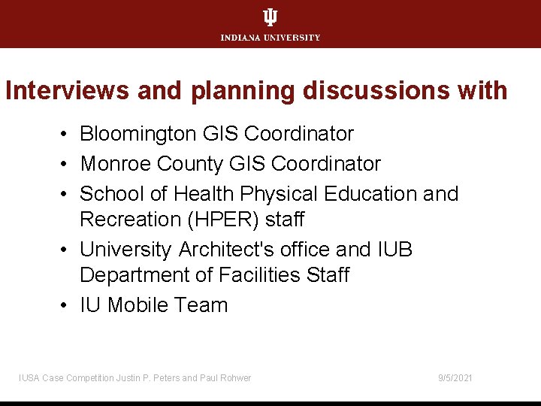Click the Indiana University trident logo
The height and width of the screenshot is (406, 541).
[270, 17]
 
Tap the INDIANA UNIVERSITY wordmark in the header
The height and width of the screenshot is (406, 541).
[270, 38]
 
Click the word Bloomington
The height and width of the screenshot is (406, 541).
[139, 134]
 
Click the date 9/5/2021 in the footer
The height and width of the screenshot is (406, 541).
[455, 378]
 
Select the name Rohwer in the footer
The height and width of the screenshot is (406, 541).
[236, 378]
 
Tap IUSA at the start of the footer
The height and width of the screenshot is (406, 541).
[29, 378]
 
